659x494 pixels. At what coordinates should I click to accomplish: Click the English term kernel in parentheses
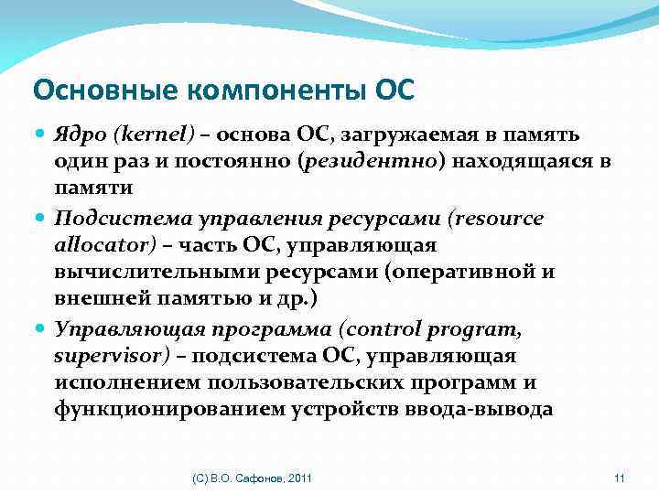pos(155,135)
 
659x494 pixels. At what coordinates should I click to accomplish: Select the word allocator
pos(92,246)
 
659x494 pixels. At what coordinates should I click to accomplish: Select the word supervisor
pos(100,356)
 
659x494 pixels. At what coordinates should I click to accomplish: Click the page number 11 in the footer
pos(619,478)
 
